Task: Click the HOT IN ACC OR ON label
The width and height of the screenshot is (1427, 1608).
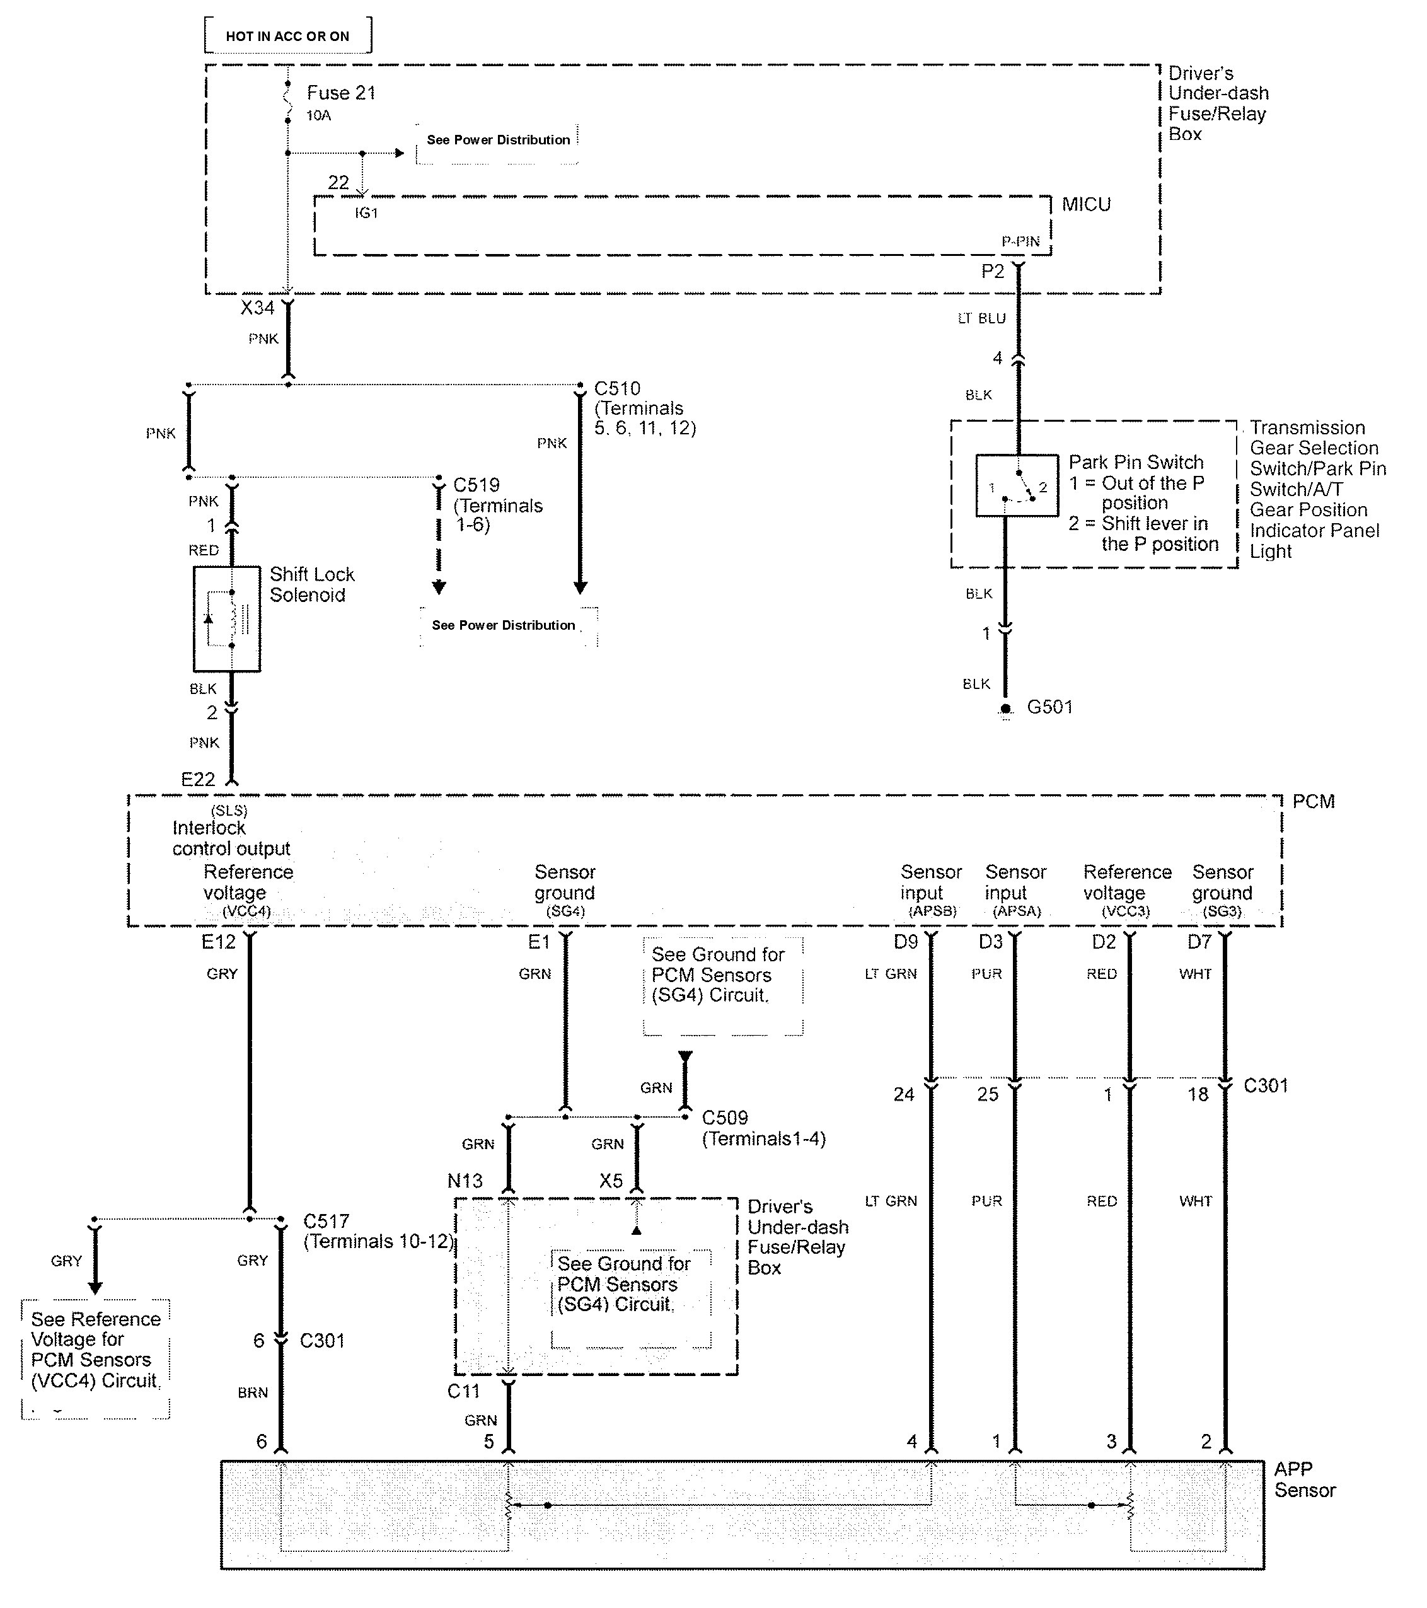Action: tap(287, 36)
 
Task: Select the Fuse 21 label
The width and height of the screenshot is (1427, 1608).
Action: tap(340, 93)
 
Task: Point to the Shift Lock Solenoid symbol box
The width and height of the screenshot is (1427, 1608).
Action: tap(226, 618)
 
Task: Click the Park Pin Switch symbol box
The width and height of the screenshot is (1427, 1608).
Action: tap(1017, 485)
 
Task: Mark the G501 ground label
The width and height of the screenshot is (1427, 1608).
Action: tap(1049, 707)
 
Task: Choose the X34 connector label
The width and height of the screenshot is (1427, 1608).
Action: tap(257, 308)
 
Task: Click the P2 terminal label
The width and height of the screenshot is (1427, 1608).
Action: tap(992, 272)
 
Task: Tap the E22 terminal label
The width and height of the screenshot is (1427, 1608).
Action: tap(197, 779)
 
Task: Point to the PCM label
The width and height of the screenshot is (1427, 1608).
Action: tap(1313, 802)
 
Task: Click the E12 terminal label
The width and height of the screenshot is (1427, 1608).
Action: tap(218, 942)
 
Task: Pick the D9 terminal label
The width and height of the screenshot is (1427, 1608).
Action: tap(906, 942)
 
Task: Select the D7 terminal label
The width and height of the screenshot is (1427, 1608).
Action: tap(1199, 942)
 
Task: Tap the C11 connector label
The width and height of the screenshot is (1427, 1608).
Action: tap(463, 1391)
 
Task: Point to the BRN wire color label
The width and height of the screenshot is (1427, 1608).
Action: tap(253, 1392)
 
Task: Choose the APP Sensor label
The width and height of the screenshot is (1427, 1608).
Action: tap(1304, 1479)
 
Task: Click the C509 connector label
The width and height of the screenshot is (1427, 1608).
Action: tap(724, 1118)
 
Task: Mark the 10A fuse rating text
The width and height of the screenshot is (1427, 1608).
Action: tap(318, 115)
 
